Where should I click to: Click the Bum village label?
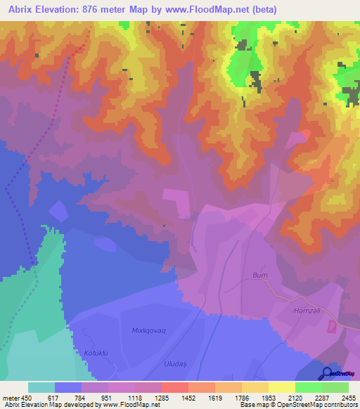260,275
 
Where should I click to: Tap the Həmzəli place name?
306,310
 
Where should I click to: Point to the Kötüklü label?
98,352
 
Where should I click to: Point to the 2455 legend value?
349,397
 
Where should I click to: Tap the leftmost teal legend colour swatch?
41,387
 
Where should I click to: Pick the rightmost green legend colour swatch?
335,387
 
